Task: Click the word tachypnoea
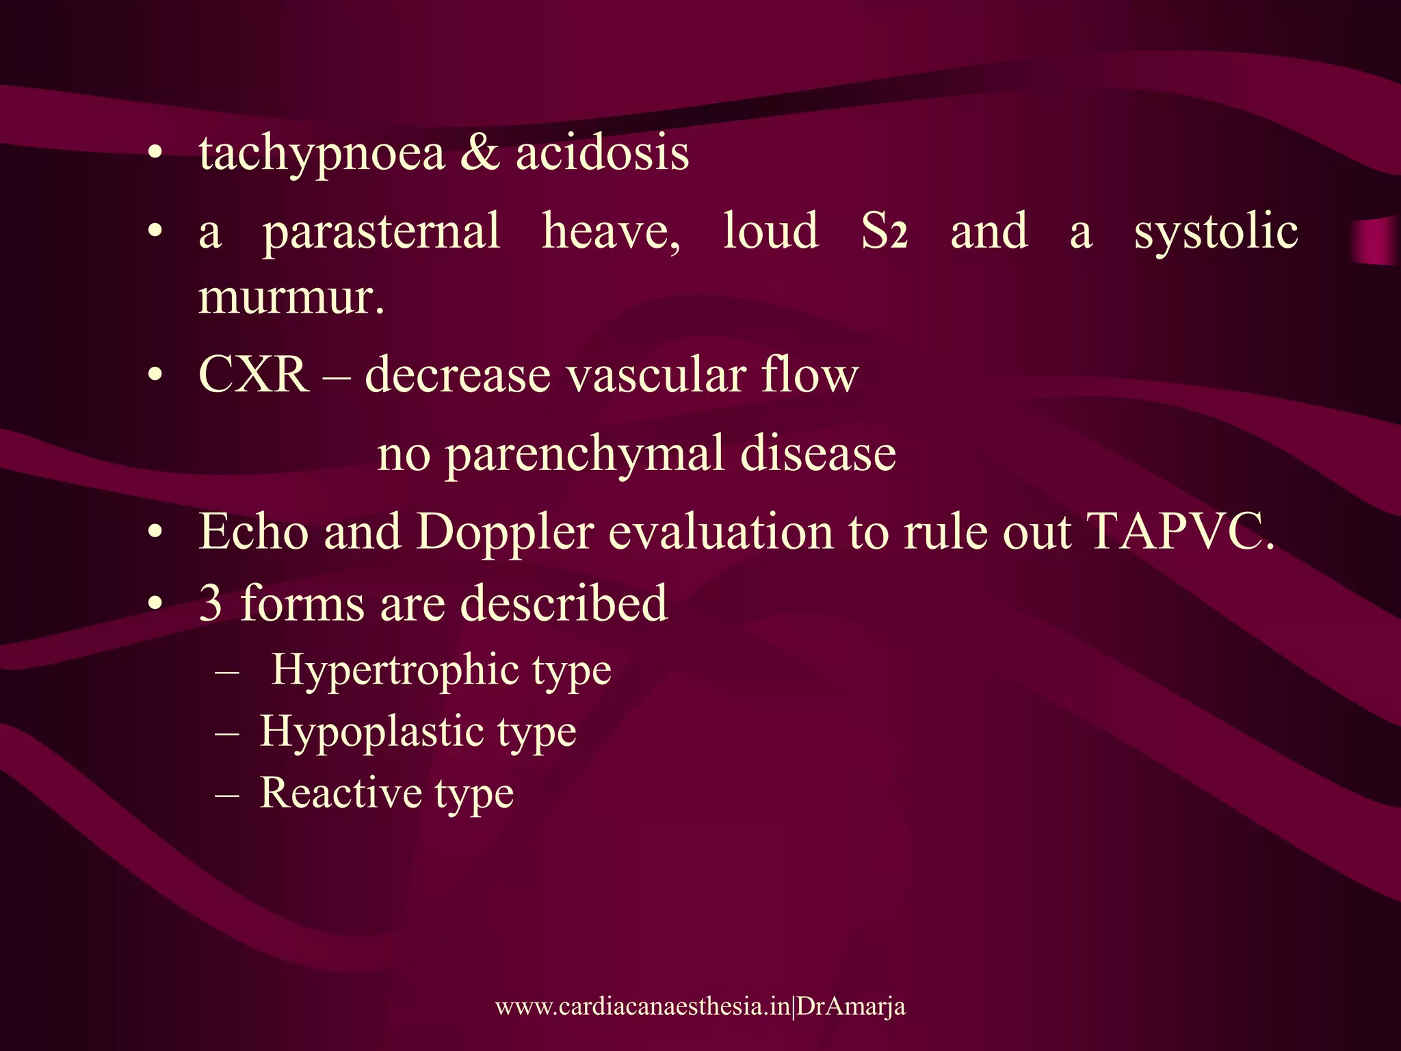coord(322,155)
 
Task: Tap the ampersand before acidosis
coord(480,153)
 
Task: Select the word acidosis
coord(602,153)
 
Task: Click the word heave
coord(610,231)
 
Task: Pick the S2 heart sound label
coord(884,231)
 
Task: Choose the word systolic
coord(1216,231)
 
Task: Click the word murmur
coord(290,298)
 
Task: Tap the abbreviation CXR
coord(253,376)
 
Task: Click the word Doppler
coord(505,532)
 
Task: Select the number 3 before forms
coord(211,604)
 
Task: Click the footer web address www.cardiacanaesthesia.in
coord(642,1007)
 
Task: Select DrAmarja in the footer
coord(851,1007)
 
